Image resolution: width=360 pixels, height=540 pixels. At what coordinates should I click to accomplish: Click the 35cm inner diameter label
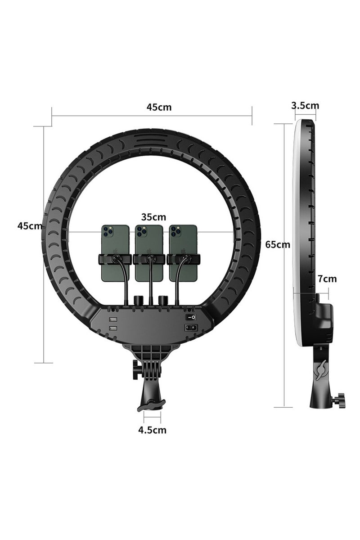[x=153, y=217]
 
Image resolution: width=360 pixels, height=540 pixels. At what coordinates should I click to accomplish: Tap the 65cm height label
[x=278, y=245]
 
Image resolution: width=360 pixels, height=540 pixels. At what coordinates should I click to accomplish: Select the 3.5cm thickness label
[x=305, y=106]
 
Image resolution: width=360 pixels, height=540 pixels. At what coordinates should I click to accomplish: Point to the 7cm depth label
[x=327, y=279]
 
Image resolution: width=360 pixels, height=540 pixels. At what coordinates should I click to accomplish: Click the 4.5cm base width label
[x=152, y=430]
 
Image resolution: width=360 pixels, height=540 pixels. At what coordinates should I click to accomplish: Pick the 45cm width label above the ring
[x=159, y=107]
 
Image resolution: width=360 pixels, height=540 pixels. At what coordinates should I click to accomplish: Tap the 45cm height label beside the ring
[x=30, y=226]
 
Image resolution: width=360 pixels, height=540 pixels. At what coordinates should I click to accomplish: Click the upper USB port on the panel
[x=112, y=318]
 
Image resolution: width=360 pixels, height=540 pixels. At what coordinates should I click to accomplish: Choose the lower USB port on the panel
[x=112, y=329]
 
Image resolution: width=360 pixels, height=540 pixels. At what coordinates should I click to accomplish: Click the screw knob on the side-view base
[x=340, y=399]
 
